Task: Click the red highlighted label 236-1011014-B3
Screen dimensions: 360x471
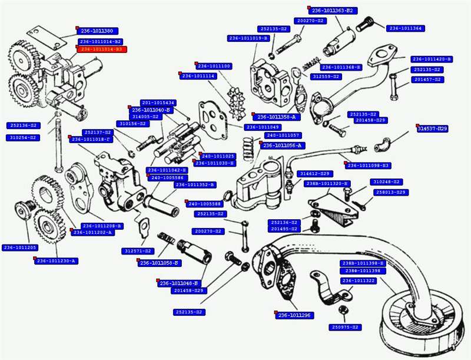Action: [101, 49]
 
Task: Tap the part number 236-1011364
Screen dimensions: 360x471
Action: [406, 28]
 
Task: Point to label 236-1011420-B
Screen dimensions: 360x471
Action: [432, 59]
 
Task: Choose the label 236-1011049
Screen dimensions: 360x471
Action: [263, 127]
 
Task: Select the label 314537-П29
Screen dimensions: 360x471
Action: [433, 128]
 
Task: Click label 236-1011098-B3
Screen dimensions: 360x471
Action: [369, 165]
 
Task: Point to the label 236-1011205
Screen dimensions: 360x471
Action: [20, 247]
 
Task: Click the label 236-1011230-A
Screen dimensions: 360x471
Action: [58, 260]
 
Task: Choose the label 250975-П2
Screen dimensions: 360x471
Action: [345, 327]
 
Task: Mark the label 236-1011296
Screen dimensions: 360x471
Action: [293, 315]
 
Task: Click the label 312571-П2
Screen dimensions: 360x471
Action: [138, 251]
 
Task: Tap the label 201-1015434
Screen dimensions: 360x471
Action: [158, 103]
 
